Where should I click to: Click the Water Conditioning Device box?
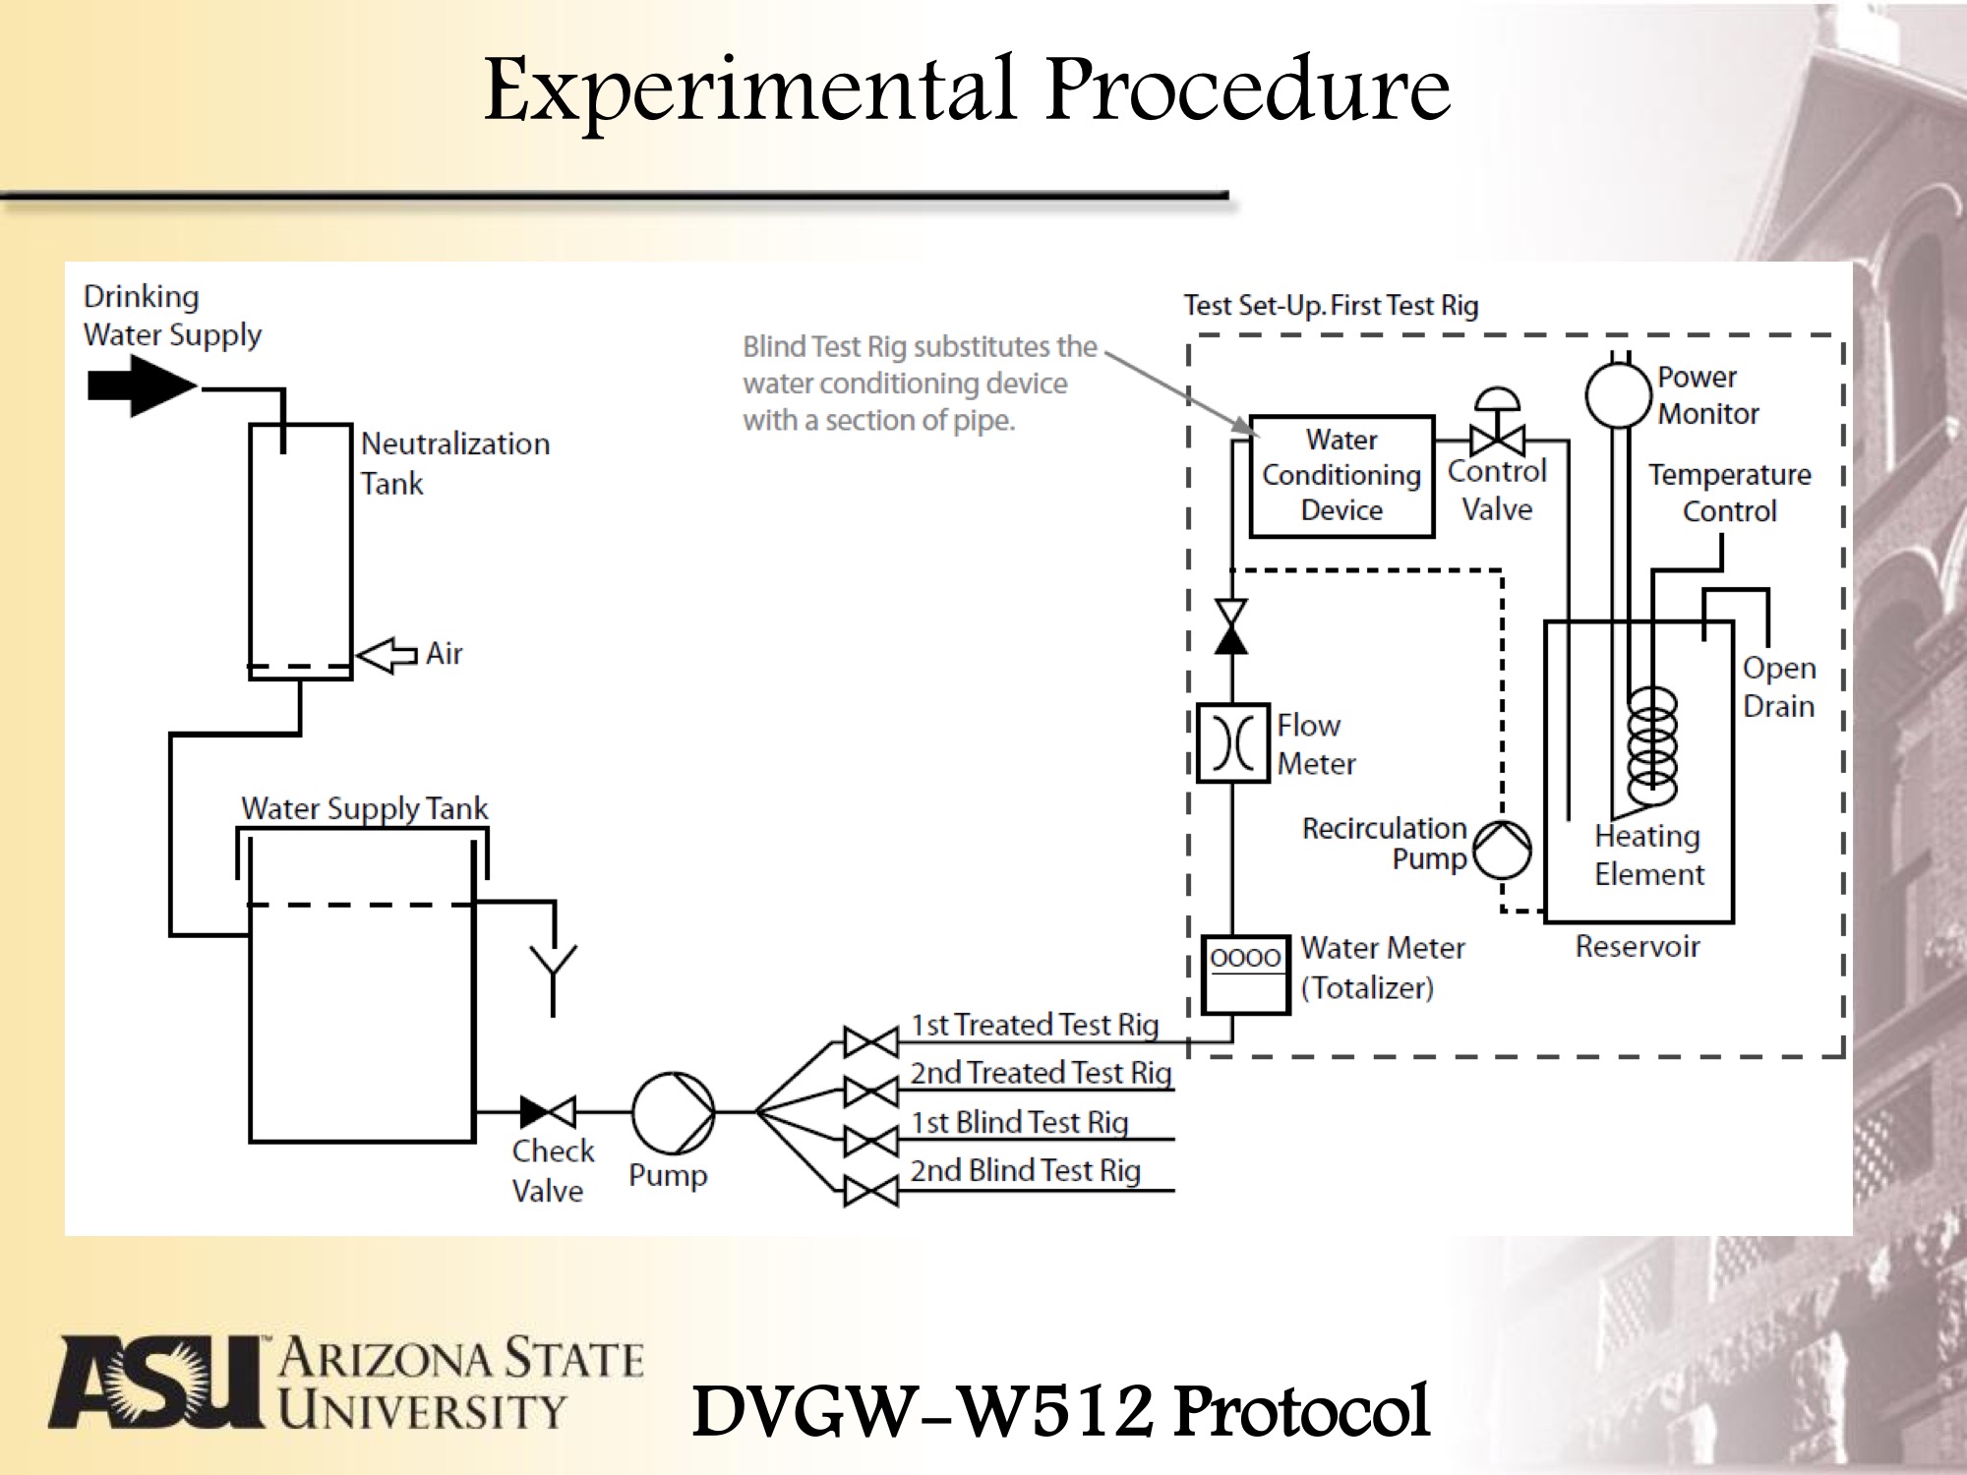1341,476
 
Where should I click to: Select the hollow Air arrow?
387,655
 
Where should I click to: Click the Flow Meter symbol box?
1232,743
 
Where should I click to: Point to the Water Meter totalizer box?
1246,974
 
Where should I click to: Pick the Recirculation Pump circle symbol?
1502,850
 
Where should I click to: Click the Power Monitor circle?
1617,395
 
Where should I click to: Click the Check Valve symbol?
548,1112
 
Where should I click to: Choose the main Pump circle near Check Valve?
674,1112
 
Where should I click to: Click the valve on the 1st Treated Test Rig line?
870,1042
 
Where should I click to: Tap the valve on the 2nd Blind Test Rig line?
870,1192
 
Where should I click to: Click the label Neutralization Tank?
454,463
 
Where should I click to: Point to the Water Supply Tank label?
364,808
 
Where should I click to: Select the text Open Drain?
1778,686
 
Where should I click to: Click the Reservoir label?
1638,946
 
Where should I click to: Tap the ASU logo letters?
157,1381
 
